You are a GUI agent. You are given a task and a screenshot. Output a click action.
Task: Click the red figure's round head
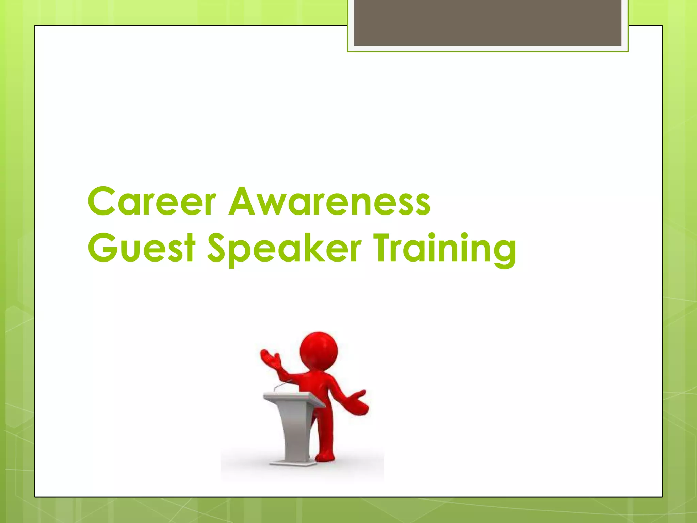[x=319, y=351]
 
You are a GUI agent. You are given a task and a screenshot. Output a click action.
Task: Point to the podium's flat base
[x=293, y=463]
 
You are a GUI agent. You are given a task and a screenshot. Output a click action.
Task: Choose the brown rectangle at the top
[x=487, y=22]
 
